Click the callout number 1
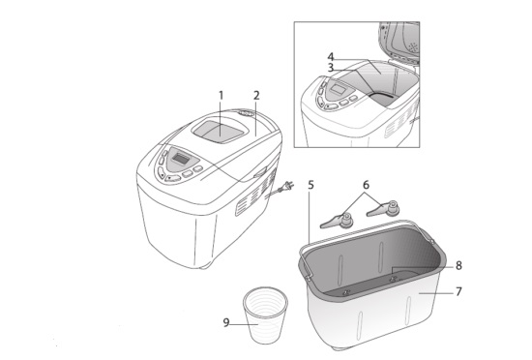click(x=221, y=96)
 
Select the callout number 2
click(x=256, y=96)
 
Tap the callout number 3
click(x=331, y=68)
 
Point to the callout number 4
click(x=331, y=57)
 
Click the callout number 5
click(x=310, y=185)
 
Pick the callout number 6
click(x=366, y=185)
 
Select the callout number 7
click(x=458, y=291)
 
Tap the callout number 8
click(x=458, y=265)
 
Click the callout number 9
click(x=226, y=322)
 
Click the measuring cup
click(x=265, y=315)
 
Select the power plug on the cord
click(x=288, y=186)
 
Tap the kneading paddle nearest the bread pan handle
click(x=383, y=209)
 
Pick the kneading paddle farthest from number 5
click(x=383, y=209)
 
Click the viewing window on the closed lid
click(x=219, y=131)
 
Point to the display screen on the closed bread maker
click(x=181, y=158)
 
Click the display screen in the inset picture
click(x=338, y=90)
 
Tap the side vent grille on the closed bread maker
click(x=256, y=192)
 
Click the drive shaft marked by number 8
click(x=394, y=279)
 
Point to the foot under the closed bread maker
click(x=205, y=267)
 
